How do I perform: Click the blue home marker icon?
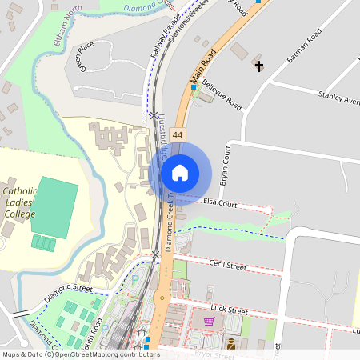tap(180, 172)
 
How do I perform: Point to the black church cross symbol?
tap(258, 65)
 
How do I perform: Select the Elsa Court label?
tap(220, 204)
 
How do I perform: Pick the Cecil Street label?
tap(227, 264)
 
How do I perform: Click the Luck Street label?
tap(231, 310)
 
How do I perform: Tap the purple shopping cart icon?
tap(209, 322)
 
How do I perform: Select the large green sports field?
tap(54, 204)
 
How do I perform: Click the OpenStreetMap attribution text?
tap(80, 354)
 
